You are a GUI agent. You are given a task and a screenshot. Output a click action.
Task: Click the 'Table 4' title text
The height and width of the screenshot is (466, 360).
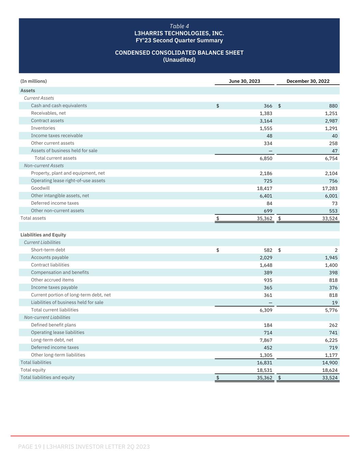(x=179, y=26)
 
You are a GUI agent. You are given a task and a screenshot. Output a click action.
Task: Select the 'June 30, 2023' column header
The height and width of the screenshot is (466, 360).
(x=244, y=81)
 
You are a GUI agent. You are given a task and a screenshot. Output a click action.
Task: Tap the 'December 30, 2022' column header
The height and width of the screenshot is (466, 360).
(x=308, y=81)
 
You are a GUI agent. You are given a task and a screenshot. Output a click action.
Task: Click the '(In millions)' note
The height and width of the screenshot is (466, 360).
(x=33, y=81)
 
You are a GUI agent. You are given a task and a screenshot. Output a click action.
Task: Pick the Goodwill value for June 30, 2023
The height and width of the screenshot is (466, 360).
(x=264, y=188)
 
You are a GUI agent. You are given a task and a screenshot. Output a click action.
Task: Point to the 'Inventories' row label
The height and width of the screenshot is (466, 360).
(x=43, y=128)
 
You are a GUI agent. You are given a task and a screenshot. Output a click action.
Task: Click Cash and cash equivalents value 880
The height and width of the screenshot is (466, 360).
(x=333, y=106)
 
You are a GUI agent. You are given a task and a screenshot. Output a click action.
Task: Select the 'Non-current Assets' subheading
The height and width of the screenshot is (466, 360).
(x=44, y=166)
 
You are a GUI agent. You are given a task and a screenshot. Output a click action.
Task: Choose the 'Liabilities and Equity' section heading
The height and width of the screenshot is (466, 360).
(x=43, y=235)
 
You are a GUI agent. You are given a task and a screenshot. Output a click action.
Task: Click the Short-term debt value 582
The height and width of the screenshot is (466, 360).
(x=268, y=250)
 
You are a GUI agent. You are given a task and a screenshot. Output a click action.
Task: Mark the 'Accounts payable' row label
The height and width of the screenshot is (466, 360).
(x=49, y=257)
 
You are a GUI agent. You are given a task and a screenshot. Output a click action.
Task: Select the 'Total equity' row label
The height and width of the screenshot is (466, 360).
(x=33, y=370)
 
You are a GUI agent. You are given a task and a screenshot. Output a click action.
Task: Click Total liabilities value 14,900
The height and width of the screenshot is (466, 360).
(x=330, y=363)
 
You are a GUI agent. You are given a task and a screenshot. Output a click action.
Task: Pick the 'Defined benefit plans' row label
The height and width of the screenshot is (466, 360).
(x=53, y=325)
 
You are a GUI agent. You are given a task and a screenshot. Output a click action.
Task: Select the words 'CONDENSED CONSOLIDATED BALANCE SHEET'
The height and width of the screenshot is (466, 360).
(x=179, y=53)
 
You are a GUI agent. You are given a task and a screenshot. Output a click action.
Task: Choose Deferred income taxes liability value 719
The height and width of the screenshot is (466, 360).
(x=333, y=348)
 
